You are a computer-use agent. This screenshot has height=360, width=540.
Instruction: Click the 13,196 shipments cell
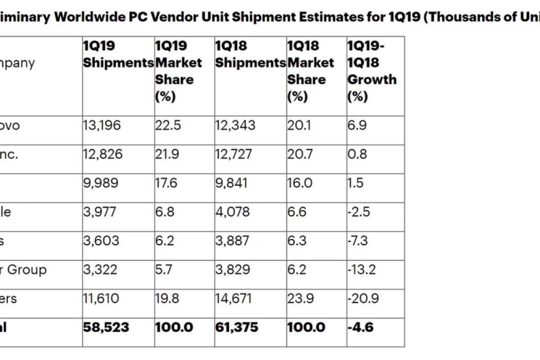coord(102,125)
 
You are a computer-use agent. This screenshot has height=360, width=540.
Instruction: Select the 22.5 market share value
coord(168,125)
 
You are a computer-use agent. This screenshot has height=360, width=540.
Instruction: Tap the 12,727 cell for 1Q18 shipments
coord(234,154)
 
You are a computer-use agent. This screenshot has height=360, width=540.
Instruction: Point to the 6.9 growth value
coord(357,125)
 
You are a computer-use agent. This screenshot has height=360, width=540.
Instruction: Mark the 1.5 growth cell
coord(355,183)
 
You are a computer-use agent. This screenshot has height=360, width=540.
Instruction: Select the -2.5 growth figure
coord(358,212)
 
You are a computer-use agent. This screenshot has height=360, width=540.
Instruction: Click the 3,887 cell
coord(232,241)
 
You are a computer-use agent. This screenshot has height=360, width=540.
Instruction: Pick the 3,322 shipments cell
coord(100,270)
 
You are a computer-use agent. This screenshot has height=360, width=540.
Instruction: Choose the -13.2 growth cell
coord(361,270)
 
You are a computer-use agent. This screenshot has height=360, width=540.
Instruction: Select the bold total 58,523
coord(106,327)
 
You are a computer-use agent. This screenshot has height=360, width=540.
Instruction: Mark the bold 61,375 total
coord(237,327)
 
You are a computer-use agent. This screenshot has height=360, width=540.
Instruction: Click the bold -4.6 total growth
coord(360,327)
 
